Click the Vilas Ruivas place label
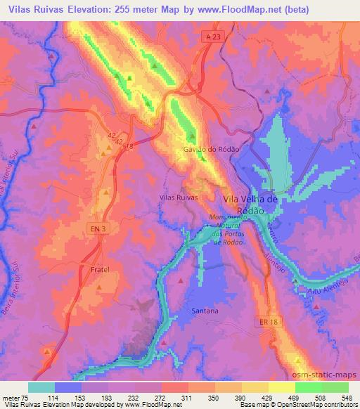pos(179,198)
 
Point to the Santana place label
pos(205,310)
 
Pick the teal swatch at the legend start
pos(41,387)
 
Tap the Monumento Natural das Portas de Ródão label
pos(226,230)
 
